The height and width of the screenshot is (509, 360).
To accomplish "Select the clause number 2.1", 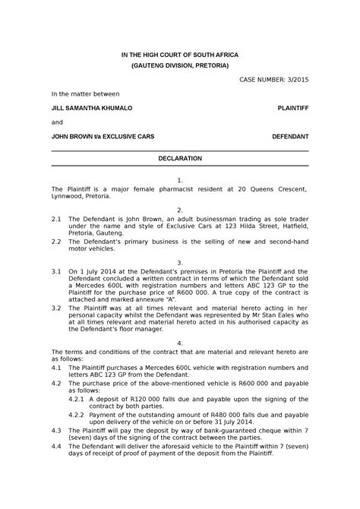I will tap(56, 217).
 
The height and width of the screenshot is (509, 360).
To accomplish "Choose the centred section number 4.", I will tap(179, 343).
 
